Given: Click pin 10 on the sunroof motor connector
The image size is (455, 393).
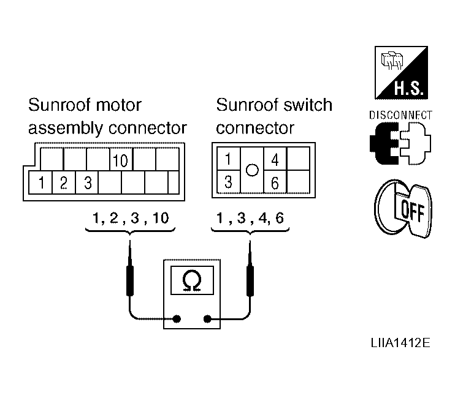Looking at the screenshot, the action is (x=121, y=160).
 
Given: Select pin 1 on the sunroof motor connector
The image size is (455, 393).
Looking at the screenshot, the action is (x=40, y=182).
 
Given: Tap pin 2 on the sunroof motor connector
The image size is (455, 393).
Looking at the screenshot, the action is (x=64, y=182).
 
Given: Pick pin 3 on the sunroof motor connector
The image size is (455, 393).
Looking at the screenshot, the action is (x=87, y=182).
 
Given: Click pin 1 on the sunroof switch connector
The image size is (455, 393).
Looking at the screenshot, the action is (x=229, y=159).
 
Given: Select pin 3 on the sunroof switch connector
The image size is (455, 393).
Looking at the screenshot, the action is (x=229, y=182).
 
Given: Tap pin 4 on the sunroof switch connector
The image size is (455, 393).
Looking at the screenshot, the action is (x=275, y=159).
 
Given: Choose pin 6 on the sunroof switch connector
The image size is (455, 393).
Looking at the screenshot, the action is (x=275, y=182).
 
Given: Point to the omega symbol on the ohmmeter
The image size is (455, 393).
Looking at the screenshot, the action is (x=192, y=280).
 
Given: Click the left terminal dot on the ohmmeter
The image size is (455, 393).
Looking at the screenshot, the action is (x=177, y=319).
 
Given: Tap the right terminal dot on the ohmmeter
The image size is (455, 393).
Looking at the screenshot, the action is (x=207, y=319).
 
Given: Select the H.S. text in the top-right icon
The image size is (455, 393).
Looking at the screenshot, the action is (x=408, y=88).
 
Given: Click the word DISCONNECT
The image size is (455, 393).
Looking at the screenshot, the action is (x=400, y=115).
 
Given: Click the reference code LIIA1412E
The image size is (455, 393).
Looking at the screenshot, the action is (x=400, y=343).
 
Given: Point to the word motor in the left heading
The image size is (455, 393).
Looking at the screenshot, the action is (x=118, y=105).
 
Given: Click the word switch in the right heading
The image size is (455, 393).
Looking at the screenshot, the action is (x=308, y=105).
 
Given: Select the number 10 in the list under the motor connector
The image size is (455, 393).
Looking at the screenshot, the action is (x=161, y=218).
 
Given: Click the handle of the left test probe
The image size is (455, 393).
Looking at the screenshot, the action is (x=130, y=280).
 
